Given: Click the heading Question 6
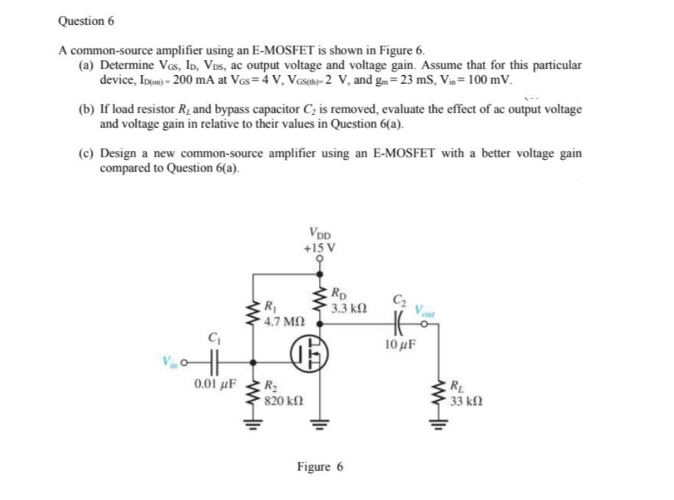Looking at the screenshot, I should (85, 21).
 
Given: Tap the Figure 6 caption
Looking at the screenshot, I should (320, 466).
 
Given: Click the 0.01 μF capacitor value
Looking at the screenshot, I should (214, 383).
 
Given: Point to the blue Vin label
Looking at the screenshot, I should (169, 362).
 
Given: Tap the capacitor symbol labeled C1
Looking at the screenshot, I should (213, 362).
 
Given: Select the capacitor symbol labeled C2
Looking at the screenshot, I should (399, 321).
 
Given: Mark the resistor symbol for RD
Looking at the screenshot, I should (319, 299).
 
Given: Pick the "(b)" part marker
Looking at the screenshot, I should (87, 110).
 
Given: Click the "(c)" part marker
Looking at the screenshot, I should (87, 154).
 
